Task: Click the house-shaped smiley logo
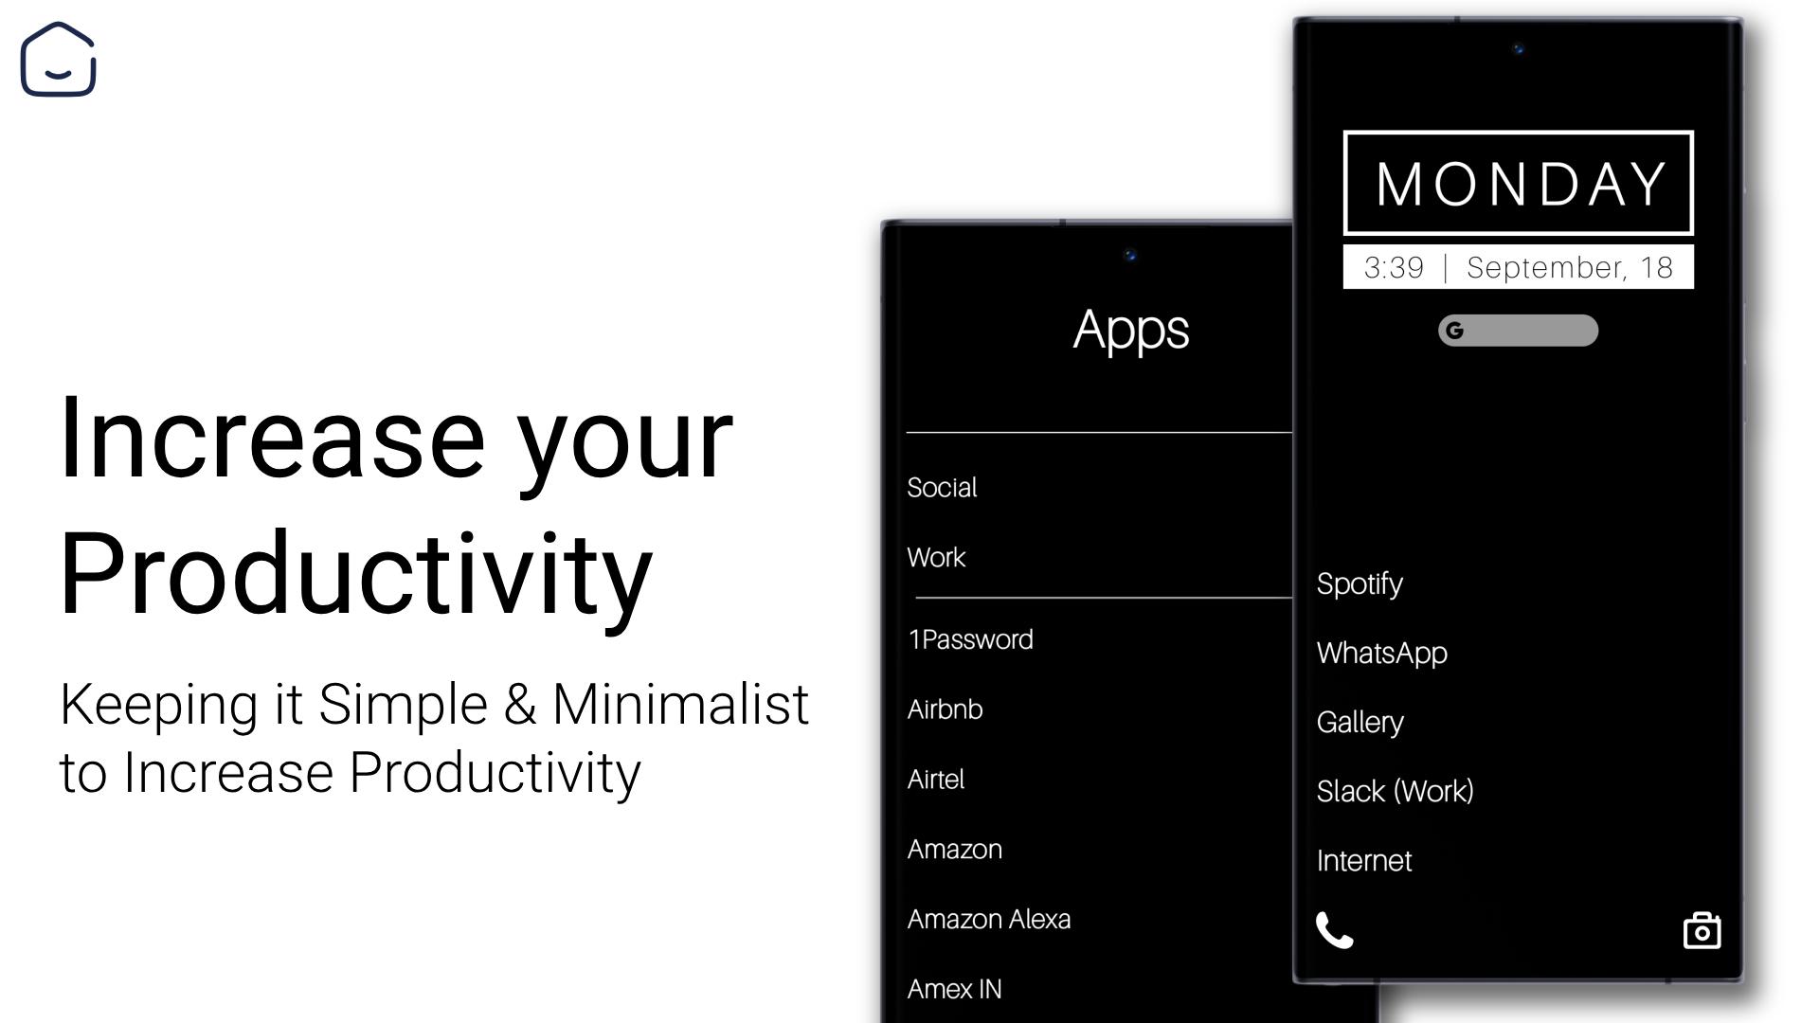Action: (x=58, y=59)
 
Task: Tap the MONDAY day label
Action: (x=1520, y=183)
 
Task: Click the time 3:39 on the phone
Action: (x=1394, y=268)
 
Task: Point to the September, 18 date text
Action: (x=1570, y=268)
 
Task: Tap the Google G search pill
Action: (x=1518, y=331)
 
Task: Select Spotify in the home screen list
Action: (x=1360, y=584)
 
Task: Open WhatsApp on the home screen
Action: (x=1381, y=654)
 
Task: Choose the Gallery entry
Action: (x=1360, y=723)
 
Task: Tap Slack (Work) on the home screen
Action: (x=1395, y=791)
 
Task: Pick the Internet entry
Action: (x=1363, y=860)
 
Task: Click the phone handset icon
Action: (x=1334, y=930)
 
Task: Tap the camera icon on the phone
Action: (x=1702, y=930)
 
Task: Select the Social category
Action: (x=942, y=487)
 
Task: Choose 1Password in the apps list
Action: (x=970, y=639)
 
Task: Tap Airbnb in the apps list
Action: (x=945, y=709)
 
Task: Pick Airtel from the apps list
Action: (x=935, y=780)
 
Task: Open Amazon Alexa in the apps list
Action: (x=988, y=919)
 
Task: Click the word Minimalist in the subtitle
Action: (x=680, y=705)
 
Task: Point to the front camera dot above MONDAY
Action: (x=1518, y=49)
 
